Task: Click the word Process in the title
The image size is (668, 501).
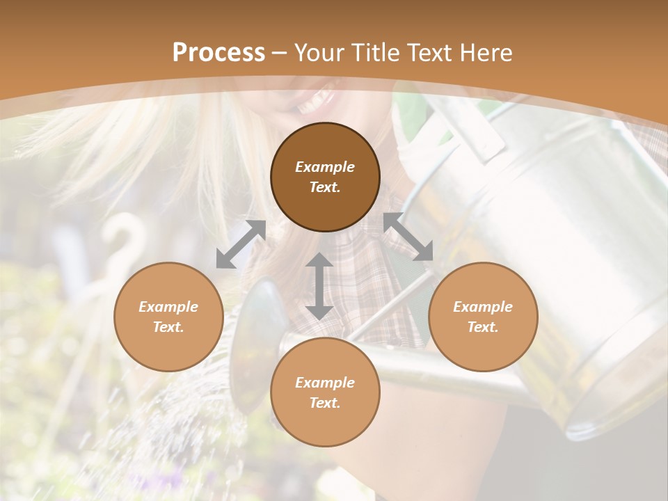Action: click(218, 53)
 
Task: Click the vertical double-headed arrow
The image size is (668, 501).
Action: click(319, 286)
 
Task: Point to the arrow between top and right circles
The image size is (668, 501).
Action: click(409, 237)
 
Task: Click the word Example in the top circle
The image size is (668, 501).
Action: click(325, 167)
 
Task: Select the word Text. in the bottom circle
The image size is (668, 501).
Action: click(325, 403)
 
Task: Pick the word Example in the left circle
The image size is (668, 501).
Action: click(168, 307)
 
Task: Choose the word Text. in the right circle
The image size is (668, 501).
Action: click(483, 327)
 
